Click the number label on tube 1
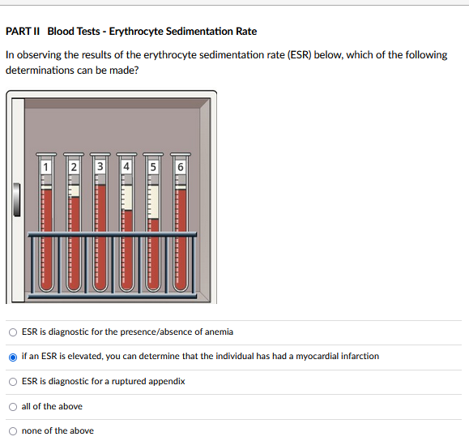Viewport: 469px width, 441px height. (x=45, y=167)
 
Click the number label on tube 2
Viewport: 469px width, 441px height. (x=74, y=167)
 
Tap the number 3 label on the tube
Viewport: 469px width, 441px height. (x=100, y=166)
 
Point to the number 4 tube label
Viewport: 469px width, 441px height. (x=126, y=166)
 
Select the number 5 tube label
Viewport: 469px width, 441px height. (x=153, y=167)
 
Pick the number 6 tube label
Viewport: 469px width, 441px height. (x=181, y=167)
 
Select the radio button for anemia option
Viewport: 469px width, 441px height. (x=13, y=332)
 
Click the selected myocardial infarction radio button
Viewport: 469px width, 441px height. (x=13, y=358)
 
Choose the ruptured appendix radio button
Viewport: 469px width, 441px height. (x=13, y=382)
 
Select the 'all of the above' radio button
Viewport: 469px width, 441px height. (x=13, y=407)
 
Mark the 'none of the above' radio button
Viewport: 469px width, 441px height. (x=13, y=431)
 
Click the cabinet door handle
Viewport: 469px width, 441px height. (x=17, y=199)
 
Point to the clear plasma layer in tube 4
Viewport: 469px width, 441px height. (x=128, y=198)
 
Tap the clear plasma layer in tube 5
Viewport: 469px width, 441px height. (x=153, y=202)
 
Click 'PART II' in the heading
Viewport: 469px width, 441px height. (x=23, y=31)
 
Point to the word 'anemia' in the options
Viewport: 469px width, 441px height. (x=219, y=332)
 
